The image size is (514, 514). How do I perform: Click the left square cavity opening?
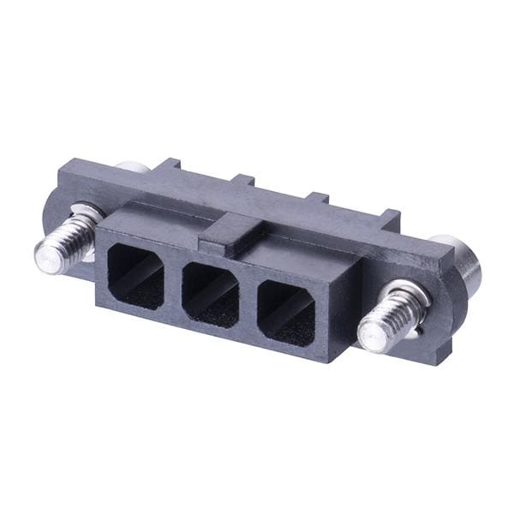137,274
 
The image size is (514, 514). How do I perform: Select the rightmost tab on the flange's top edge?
390,214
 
